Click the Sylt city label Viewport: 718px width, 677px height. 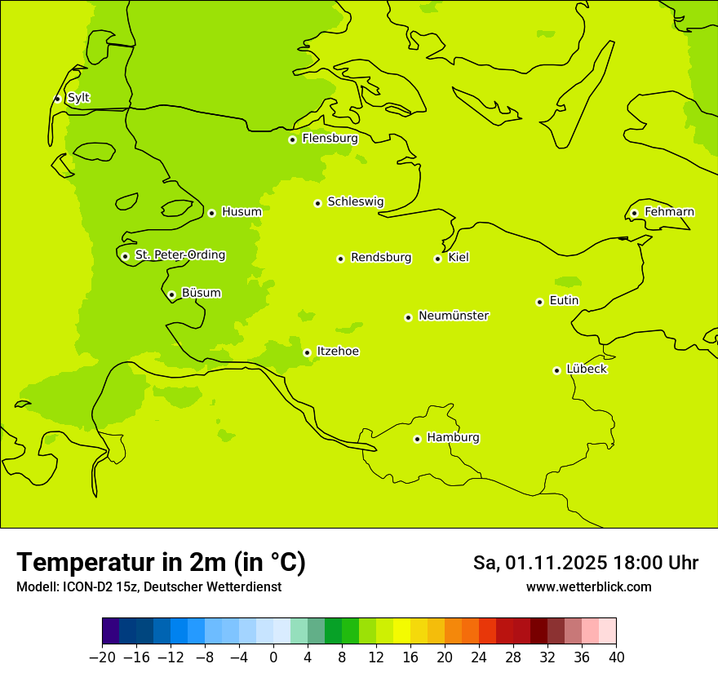point(78,98)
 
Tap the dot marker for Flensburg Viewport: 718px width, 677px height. point(292,139)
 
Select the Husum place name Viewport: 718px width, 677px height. point(242,212)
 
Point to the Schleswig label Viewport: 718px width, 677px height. point(355,201)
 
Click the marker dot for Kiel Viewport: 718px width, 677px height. point(438,259)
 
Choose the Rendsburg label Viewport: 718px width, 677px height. point(381,258)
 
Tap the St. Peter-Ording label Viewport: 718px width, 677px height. point(180,255)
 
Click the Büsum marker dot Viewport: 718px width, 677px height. point(171,294)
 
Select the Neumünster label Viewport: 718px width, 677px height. point(454,316)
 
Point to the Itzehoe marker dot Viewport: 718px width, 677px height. point(307,352)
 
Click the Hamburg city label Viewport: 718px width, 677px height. point(453,437)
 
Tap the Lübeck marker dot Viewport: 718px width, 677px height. point(556,370)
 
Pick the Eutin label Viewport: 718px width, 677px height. point(564,301)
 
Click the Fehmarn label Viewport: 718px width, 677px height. point(669,212)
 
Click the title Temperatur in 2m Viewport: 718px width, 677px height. point(161,562)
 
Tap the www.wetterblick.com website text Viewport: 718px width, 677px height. point(588,586)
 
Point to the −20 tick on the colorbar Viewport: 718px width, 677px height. point(102,657)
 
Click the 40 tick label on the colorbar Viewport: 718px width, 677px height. point(616,657)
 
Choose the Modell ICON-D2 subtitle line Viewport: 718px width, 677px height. point(148,586)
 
